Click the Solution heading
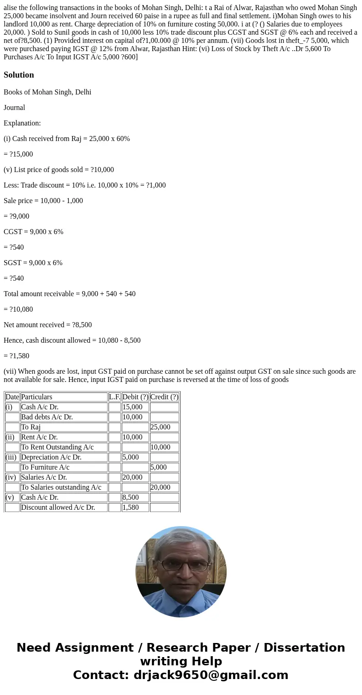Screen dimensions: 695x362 pyautogui.click(x=19, y=75)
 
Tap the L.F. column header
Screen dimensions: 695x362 pyautogui.click(x=114, y=397)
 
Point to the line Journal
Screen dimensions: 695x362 pyautogui.click(x=14, y=108)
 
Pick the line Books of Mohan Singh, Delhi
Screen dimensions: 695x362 pyautogui.click(x=47, y=92)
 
